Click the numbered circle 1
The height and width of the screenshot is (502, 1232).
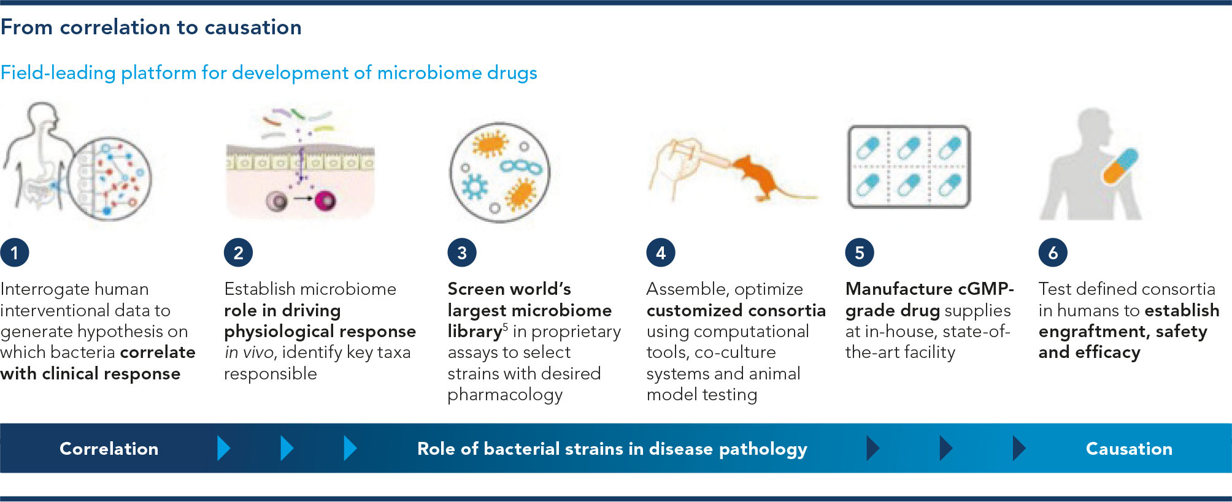[x=15, y=253]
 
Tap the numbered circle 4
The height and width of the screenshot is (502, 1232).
[x=661, y=253]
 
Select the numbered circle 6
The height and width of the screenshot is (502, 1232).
[x=1053, y=253]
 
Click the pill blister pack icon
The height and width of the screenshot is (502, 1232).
[x=909, y=167]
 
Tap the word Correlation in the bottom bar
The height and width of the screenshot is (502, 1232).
[x=109, y=449]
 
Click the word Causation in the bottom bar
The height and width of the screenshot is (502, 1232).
[x=1129, y=449]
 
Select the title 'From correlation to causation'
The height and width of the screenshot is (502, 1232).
[x=151, y=27]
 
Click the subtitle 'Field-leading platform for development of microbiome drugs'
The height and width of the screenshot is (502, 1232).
[x=269, y=72]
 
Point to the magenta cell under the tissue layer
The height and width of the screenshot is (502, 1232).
[x=325, y=200]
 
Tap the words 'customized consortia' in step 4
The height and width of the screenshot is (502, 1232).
[x=736, y=310]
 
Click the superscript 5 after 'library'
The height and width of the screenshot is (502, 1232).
[x=506, y=326]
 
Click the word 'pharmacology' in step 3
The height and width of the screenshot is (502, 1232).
[x=505, y=395]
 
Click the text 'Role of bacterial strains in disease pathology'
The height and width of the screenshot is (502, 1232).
[x=612, y=449]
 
